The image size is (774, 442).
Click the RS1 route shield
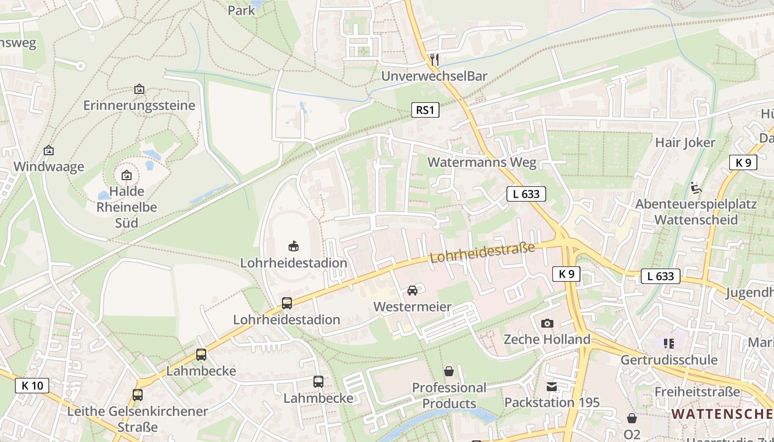[x=425, y=110]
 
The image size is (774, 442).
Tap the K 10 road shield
[x=32, y=385]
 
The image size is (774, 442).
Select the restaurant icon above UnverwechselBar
[x=435, y=59]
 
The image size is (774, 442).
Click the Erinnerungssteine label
[x=139, y=105]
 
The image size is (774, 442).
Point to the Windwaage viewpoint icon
[x=49, y=150]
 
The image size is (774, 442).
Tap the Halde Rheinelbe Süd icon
[x=127, y=176]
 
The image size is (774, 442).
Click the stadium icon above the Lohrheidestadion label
[x=294, y=246]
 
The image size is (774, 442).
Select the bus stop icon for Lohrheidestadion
[x=286, y=303]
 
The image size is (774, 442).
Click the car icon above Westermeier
[x=412, y=290]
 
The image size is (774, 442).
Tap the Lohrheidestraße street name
[x=482, y=252]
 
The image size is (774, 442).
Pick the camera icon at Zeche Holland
[x=547, y=323]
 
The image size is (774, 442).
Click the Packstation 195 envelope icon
[x=551, y=387]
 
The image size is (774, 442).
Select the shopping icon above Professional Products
[x=448, y=371]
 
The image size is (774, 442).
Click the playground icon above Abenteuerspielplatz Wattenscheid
[x=695, y=188]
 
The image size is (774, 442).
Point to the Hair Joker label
[x=685, y=143]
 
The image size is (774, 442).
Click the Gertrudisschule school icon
[x=669, y=344]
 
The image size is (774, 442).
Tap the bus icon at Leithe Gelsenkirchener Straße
[x=137, y=395]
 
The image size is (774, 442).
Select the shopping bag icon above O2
[x=631, y=418]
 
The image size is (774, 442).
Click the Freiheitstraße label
[x=697, y=392]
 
